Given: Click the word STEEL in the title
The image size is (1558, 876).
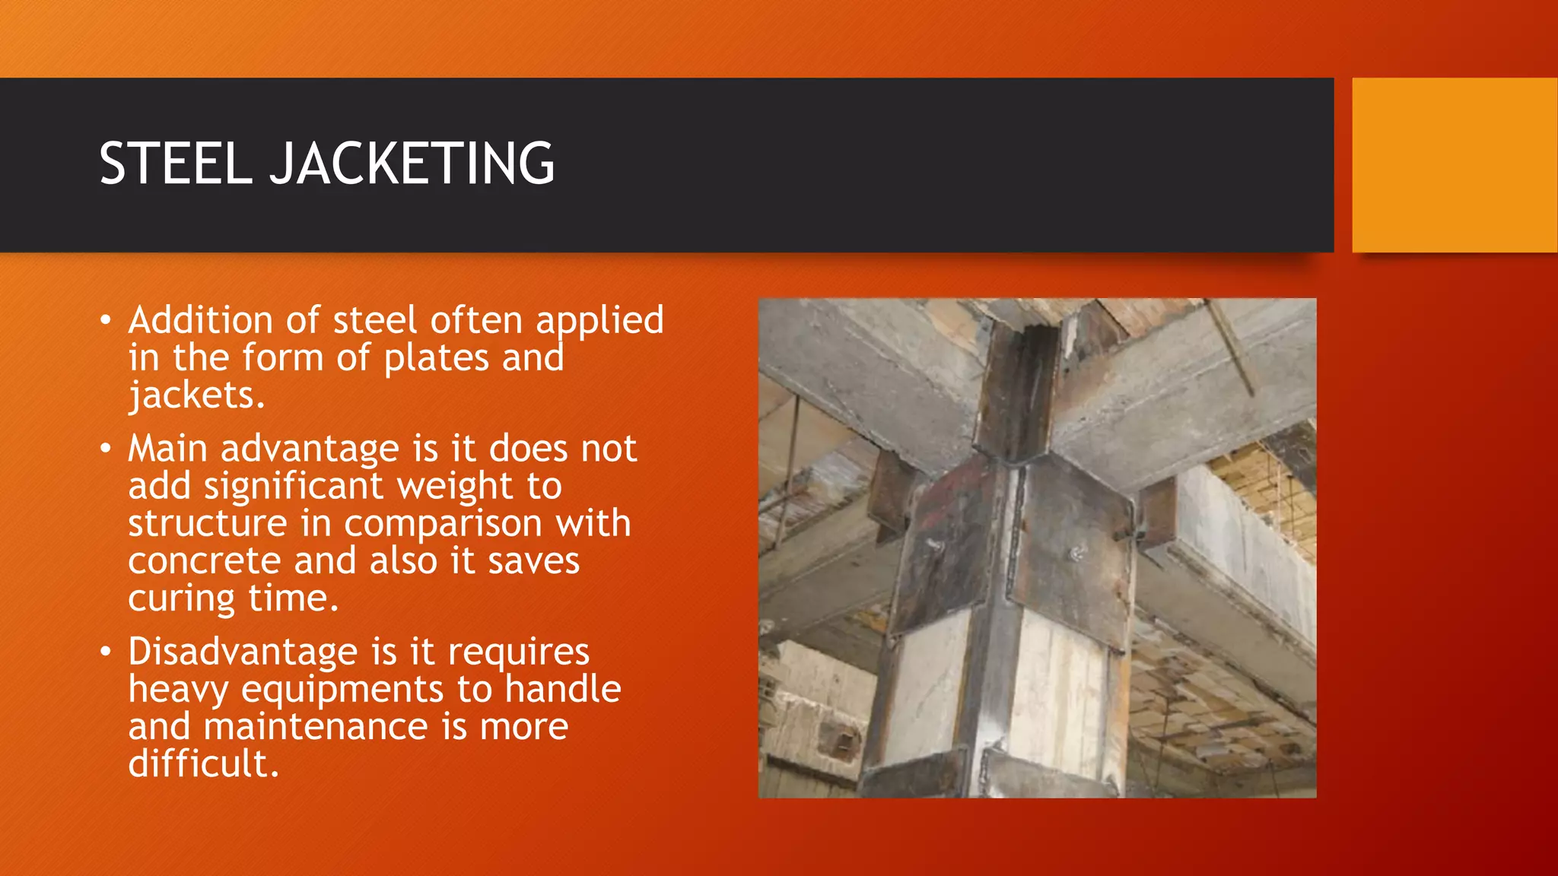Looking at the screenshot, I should click(x=175, y=163).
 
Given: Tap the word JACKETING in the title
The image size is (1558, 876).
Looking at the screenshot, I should click(x=412, y=163).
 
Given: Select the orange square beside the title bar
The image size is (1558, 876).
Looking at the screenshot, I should click(x=1455, y=165).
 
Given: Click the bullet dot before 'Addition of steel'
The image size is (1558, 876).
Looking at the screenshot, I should click(x=106, y=320).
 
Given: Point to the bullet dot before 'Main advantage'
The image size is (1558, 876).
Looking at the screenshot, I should click(x=106, y=449).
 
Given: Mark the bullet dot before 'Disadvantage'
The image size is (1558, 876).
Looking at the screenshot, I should click(x=106, y=652).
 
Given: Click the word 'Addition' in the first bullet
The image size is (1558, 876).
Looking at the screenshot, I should click(x=200, y=320).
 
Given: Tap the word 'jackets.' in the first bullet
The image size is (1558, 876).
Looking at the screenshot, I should click(x=196, y=395).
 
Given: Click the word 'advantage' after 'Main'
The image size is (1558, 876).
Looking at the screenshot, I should click(x=310, y=449).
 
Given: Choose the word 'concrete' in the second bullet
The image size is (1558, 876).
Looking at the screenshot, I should click(x=205, y=561).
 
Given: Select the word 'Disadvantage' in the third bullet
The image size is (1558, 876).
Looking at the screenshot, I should click(x=243, y=652).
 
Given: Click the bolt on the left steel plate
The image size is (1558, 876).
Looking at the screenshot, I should click(x=934, y=545).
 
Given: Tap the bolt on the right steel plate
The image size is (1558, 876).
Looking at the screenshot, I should click(x=1076, y=554).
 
